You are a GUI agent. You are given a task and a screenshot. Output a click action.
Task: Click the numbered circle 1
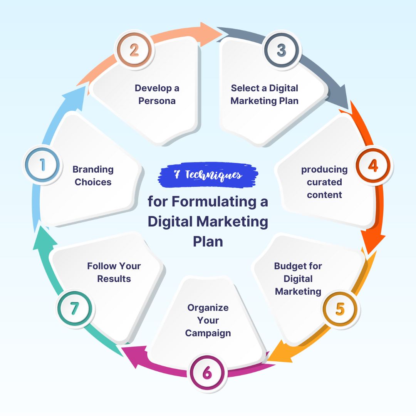[42, 165]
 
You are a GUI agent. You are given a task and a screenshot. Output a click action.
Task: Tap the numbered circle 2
[134, 50]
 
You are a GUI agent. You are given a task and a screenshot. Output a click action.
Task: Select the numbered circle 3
[282, 50]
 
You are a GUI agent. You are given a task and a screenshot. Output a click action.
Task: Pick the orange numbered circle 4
[373, 165]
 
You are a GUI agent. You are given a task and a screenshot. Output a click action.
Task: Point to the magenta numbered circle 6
[207, 373]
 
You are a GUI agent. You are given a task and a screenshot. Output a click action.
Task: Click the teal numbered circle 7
[74, 308]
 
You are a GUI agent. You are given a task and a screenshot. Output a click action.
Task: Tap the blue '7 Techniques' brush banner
[208, 175]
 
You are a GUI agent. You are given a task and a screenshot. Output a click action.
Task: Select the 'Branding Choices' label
[93, 176]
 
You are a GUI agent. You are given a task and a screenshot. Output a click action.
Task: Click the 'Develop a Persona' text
[157, 94]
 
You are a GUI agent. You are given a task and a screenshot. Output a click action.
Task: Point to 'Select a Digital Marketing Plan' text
[264, 94]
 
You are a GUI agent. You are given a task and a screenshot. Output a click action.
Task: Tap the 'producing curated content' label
[324, 182]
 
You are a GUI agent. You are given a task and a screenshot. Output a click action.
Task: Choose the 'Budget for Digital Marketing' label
[298, 278]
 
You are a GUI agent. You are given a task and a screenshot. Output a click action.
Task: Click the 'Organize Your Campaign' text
[208, 320]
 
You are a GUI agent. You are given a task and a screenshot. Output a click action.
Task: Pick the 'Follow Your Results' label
[114, 272]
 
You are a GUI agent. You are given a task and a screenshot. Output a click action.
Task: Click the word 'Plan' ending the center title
[208, 242]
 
